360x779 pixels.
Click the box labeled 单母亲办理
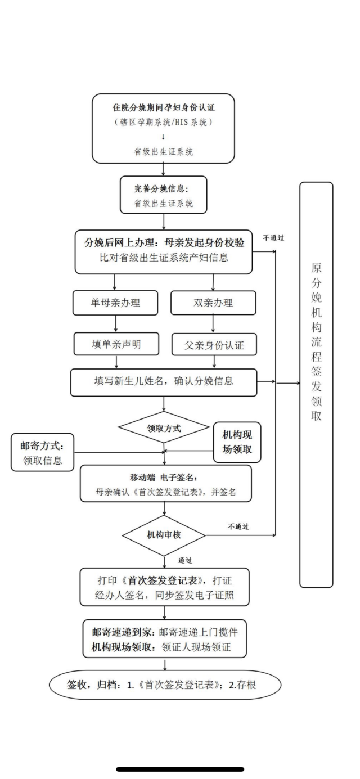tap(115, 303)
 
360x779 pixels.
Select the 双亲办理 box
tap(213, 303)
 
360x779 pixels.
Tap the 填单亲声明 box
tap(115, 344)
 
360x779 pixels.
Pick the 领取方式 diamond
tap(164, 428)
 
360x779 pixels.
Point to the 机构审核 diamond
tap(164, 534)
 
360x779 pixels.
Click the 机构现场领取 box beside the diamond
tap(237, 442)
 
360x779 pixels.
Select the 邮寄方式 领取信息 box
tap(43, 452)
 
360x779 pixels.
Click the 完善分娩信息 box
tap(163, 195)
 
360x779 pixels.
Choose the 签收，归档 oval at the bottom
tap(165, 685)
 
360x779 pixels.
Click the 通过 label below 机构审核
tap(185, 561)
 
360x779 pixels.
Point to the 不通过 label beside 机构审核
tap(238, 527)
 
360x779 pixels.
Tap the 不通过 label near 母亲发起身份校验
tap(273, 237)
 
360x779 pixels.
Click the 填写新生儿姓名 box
tap(164, 382)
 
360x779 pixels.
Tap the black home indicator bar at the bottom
tap(180, 769)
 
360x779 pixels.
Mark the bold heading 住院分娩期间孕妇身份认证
tap(163, 107)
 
